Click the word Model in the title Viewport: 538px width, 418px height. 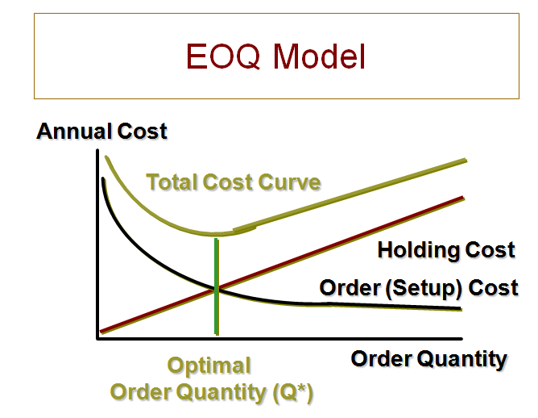click(317, 56)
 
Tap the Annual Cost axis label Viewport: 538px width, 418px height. click(101, 131)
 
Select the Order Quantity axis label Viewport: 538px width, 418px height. click(428, 358)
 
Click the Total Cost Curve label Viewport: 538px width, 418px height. click(233, 182)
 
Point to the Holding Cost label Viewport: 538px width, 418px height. click(445, 250)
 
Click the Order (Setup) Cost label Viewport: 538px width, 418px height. click(419, 287)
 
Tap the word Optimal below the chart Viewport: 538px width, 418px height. click(209, 366)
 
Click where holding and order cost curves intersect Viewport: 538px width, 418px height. click(216, 288)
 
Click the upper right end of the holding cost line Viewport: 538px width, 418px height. click(462, 198)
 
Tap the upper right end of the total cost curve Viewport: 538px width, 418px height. click(465, 161)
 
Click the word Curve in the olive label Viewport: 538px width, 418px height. click(291, 182)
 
